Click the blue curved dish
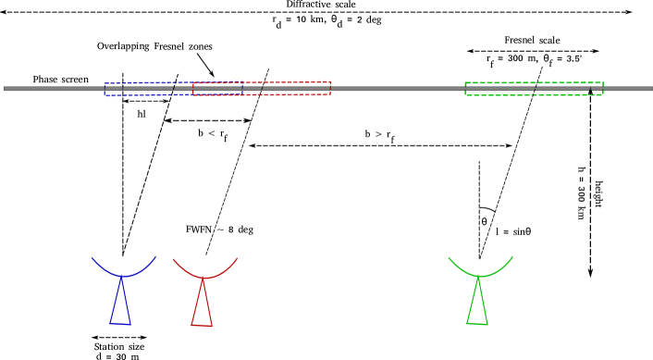[x=123, y=274]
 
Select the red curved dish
[x=204, y=276]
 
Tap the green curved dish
[x=479, y=275]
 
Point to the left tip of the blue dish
[x=92, y=257]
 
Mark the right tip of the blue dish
[x=155, y=256]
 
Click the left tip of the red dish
[x=173, y=259]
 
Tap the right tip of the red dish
[x=238, y=258]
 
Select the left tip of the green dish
[x=449, y=257]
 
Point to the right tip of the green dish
[x=512, y=256]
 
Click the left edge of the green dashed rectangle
[x=465, y=89]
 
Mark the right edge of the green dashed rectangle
[x=603, y=89]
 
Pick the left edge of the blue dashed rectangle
[x=105, y=90]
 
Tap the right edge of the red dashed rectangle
[x=330, y=88]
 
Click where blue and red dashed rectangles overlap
[x=219, y=89]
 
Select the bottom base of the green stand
[x=477, y=324]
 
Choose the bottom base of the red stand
[x=202, y=325]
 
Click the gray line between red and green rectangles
[x=398, y=89]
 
